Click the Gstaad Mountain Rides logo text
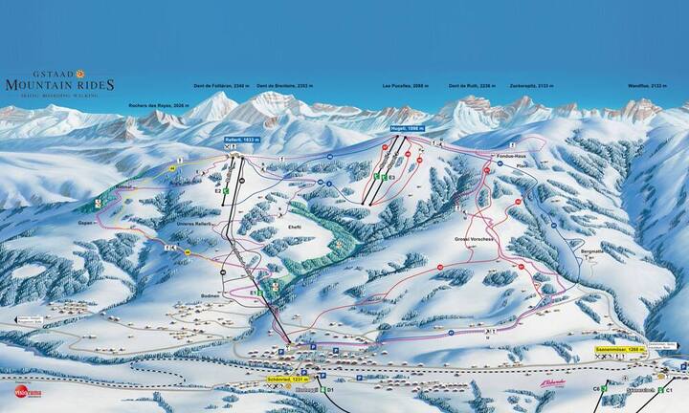tap(59, 83)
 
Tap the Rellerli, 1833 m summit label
tap(242, 141)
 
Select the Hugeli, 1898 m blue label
tap(407, 128)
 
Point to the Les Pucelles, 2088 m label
tap(405, 86)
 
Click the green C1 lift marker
tap(670, 391)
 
